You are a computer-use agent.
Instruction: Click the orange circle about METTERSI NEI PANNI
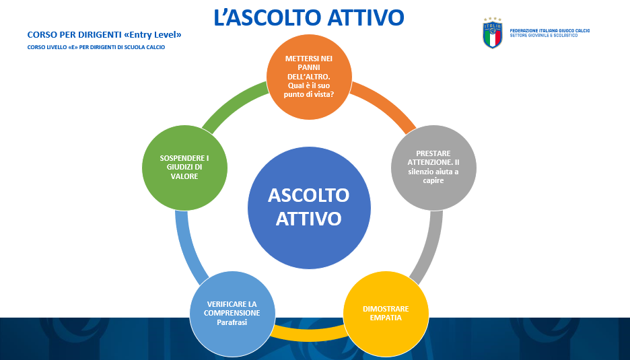pyautogui.click(x=309, y=77)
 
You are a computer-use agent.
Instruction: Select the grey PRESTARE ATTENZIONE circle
pyautogui.click(x=433, y=168)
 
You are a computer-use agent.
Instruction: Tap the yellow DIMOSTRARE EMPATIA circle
pyautogui.click(x=386, y=314)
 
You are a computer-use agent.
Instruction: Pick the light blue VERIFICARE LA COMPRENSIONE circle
pyautogui.click(x=232, y=314)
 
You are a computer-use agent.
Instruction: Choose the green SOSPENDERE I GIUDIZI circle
pyautogui.click(x=185, y=168)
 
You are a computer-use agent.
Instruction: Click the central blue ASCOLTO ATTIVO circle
pyautogui.click(x=309, y=208)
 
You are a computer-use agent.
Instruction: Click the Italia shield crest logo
pyautogui.click(x=492, y=33)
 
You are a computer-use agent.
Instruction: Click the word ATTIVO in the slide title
pyautogui.click(x=365, y=17)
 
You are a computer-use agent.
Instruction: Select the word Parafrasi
pyautogui.click(x=232, y=322)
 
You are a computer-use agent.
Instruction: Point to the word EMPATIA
pyautogui.click(x=386, y=318)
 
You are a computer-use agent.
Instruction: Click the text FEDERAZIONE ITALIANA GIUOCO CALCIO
pyautogui.click(x=550, y=30)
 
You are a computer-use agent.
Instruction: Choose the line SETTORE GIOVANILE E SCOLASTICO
pyautogui.click(x=544, y=36)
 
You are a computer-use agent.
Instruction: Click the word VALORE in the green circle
pyautogui.click(x=184, y=176)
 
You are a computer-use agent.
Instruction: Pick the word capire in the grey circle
pyautogui.click(x=433, y=181)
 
